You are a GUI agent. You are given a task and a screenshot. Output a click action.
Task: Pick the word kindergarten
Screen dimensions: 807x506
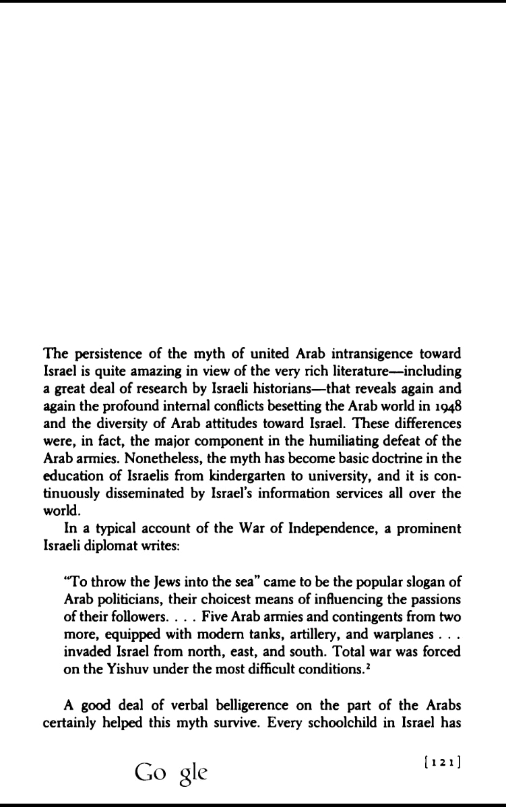pos(229,477)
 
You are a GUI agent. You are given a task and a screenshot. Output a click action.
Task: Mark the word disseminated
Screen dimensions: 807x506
pos(149,494)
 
